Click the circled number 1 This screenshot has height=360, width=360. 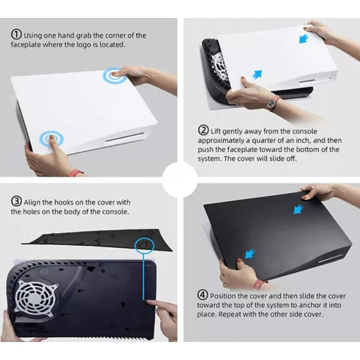16,34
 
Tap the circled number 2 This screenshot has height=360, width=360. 203,130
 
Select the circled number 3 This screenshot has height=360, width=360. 16,202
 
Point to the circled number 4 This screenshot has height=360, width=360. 202,295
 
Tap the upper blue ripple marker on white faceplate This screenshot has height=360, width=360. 115,74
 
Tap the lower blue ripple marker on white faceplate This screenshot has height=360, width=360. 51,138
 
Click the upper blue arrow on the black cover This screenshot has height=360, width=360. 298,208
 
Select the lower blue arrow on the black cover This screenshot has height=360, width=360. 250,253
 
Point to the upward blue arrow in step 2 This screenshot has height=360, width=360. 257,74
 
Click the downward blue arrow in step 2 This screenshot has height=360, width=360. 304,38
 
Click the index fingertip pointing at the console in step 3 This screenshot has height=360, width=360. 148,300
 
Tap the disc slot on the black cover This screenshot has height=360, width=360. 331,259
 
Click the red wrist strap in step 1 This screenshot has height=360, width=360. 75,172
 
